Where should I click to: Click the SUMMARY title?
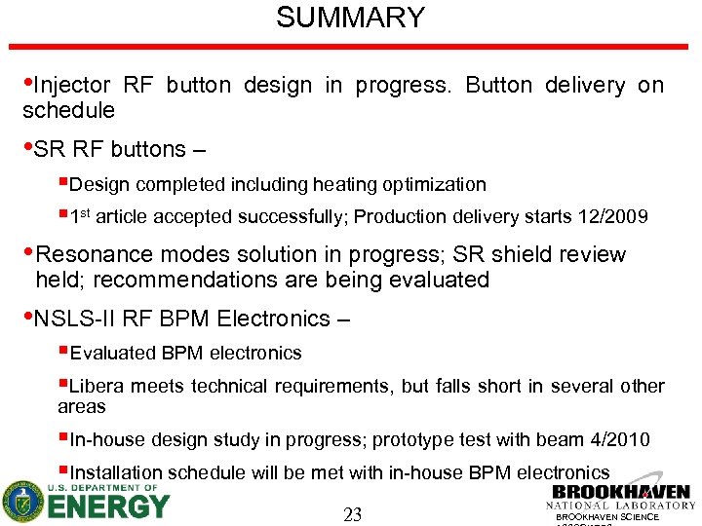pyautogui.click(x=350, y=18)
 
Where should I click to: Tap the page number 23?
pyautogui.click(x=352, y=514)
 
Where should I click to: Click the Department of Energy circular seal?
pyautogui.click(x=22, y=502)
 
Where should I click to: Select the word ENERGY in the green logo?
pyautogui.click(x=108, y=507)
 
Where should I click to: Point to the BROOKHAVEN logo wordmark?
pyautogui.click(x=621, y=492)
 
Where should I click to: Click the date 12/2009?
pyautogui.click(x=612, y=217)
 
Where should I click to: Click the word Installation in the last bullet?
pyautogui.click(x=117, y=473)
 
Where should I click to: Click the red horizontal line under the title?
pyautogui.click(x=350, y=46)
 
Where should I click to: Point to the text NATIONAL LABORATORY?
pyautogui.click(x=621, y=506)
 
